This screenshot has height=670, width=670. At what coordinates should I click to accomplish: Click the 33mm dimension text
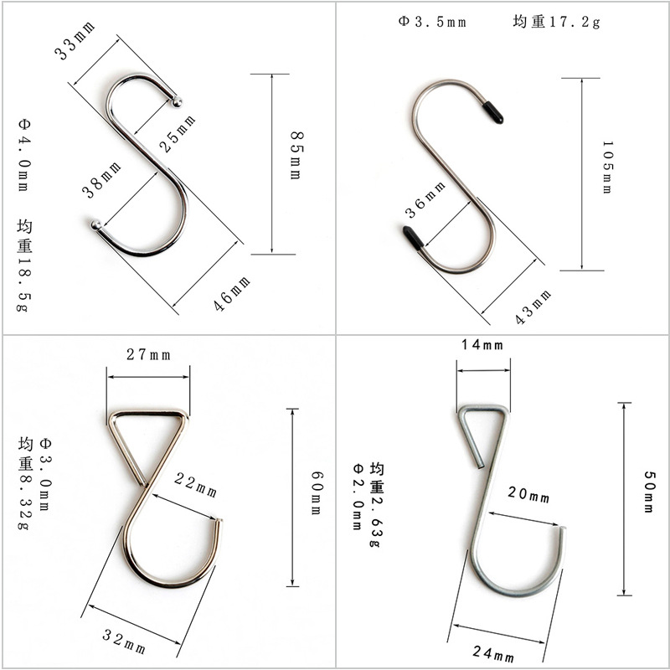click(75, 41)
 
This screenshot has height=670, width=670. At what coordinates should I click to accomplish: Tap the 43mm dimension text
click(533, 307)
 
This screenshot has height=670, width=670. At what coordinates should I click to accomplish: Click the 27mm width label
click(148, 354)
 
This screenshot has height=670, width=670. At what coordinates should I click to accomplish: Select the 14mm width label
click(482, 345)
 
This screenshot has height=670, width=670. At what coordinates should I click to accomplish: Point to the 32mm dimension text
click(124, 642)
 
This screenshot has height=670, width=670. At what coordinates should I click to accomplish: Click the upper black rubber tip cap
click(493, 111)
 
